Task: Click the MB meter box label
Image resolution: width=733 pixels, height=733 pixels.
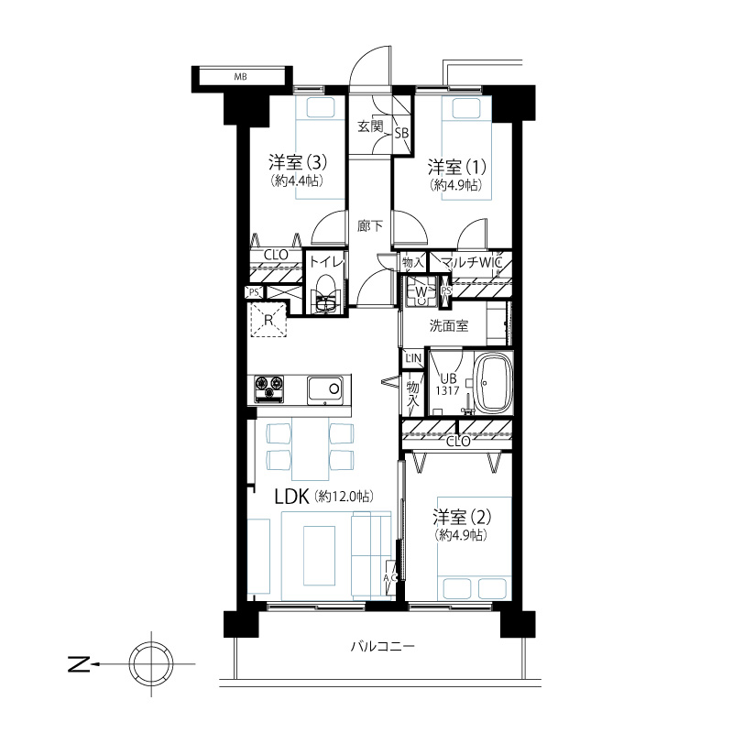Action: click(240, 77)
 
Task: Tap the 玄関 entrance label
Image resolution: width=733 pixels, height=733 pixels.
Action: click(370, 126)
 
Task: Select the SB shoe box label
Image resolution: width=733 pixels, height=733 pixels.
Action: click(401, 134)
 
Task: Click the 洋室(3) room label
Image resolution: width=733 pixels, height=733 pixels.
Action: click(297, 163)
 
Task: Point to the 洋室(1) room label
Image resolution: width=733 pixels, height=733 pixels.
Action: click(456, 167)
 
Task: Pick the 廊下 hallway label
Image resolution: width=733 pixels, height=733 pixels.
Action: click(370, 226)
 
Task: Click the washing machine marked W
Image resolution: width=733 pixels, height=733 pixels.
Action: click(421, 291)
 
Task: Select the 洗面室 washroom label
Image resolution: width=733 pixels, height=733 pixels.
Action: click(449, 326)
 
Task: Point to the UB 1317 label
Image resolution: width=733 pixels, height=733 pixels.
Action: click(447, 385)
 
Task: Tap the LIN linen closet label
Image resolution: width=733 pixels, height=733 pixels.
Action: click(413, 358)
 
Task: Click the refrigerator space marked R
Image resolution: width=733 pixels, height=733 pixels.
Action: click(268, 320)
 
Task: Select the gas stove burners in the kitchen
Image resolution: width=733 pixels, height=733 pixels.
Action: click(268, 388)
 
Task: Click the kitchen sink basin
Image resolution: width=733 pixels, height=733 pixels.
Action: click(325, 388)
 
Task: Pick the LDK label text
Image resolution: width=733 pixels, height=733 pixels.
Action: click(291, 497)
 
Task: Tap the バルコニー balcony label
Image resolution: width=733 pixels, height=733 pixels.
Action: click(382, 647)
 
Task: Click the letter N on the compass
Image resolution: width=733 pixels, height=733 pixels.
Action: click(80, 663)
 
